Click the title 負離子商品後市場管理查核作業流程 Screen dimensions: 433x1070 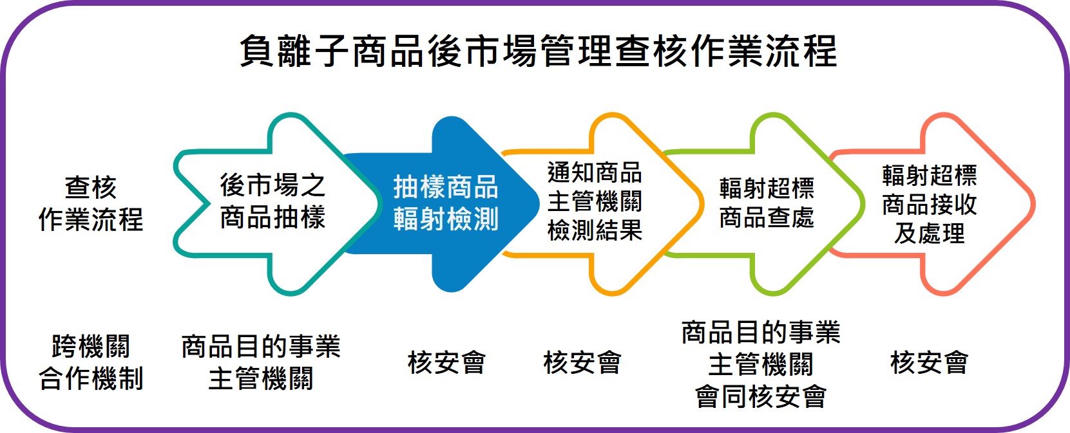click(x=538, y=51)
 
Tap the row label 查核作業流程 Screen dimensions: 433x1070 click(x=90, y=203)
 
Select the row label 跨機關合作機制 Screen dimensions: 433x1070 click(x=90, y=362)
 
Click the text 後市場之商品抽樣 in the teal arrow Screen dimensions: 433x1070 click(x=272, y=201)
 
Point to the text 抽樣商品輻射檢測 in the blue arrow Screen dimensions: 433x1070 click(x=446, y=203)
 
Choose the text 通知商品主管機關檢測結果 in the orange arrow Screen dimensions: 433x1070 click(x=595, y=201)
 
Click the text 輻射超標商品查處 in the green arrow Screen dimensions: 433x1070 click(x=767, y=203)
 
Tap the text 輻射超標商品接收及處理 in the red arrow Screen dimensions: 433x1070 click(x=929, y=204)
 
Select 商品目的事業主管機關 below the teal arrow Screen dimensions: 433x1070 click(x=260, y=362)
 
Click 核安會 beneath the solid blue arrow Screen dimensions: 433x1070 click(x=446, y=363)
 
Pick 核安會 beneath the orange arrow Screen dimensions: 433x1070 click(x=582, y=363)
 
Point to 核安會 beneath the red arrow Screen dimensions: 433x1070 click(x=929, y=363)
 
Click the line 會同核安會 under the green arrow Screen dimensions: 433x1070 click(x=760, y=396)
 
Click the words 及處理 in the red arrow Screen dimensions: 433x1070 click(x=929, y=233)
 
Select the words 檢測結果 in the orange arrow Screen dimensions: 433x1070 click(x=595, y=230)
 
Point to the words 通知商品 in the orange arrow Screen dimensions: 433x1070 click(x=595, y=172)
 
